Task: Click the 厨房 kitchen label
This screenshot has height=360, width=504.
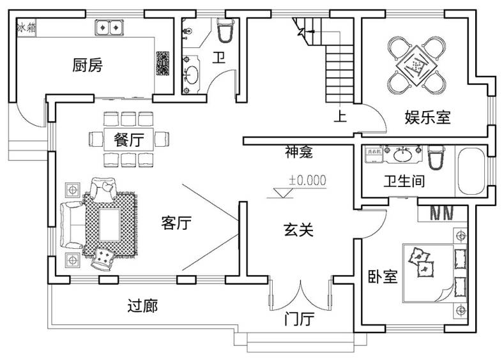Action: (x=88, y=65)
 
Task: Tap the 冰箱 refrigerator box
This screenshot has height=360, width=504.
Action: (x=27, y=27)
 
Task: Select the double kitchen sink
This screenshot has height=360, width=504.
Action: (x=109, y=28)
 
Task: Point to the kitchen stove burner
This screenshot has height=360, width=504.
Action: (x=162, y=63)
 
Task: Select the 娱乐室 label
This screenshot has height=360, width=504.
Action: (x=427, y=117)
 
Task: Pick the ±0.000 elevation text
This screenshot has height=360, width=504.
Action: (x=307, y=181)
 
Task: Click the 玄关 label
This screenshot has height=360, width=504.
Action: (x=298, y=229)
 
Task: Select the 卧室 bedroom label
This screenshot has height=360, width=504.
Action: (x=383, y=276)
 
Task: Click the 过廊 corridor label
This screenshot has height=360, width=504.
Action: (x=142, y=306)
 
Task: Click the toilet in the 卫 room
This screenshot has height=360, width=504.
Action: (x=225, y=30)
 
